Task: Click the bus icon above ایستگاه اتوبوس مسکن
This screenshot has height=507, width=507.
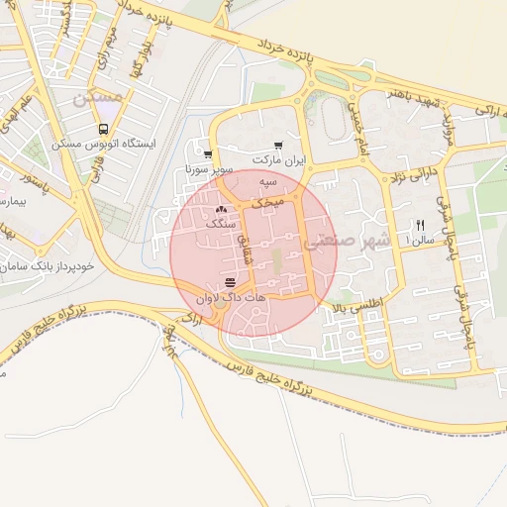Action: pos(103,130)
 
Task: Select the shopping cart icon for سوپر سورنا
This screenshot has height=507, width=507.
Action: pos(207,154)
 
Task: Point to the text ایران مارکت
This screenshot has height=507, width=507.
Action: pos(279,159)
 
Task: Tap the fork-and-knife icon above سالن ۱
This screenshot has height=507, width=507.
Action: pos(421,225)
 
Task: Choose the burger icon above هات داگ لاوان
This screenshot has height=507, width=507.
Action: pos(230,283)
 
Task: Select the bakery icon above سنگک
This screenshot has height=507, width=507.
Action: pos(220,210)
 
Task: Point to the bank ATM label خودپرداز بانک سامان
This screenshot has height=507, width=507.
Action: pos(46,267)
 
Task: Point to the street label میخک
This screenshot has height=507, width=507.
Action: pos(267,201)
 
